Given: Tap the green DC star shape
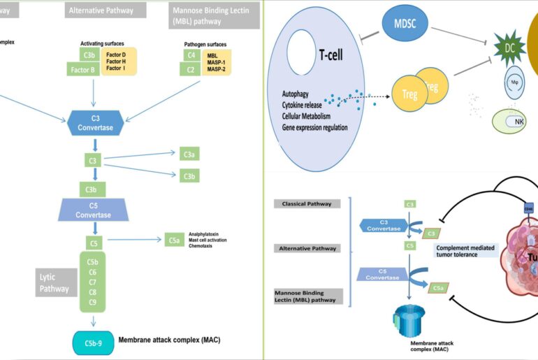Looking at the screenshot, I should coord(508,47).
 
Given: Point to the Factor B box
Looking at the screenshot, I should coord(82,69).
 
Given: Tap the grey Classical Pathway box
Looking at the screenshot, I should coord(306,203).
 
